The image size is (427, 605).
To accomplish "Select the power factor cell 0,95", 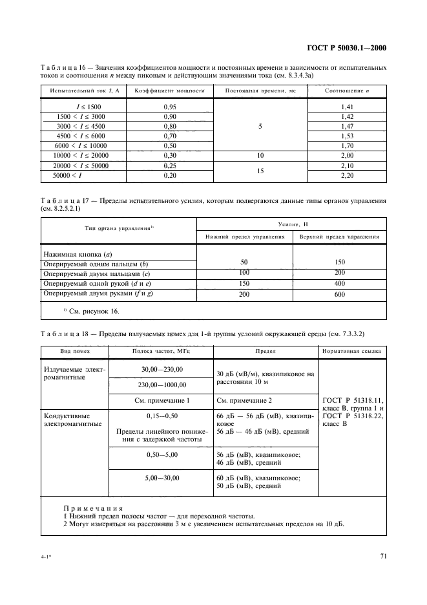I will [x=170, y=106].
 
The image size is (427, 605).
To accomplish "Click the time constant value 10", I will [x=260, y=156].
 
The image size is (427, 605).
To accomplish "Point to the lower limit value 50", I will [x=244, y=262].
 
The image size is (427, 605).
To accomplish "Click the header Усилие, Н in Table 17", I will [x=291, y=223].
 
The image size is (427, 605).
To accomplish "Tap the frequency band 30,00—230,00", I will [x=162, y=369].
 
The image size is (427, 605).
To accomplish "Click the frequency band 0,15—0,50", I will [x=162, y=416].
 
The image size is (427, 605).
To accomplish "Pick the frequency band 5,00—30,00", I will [x=162, y=478].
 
